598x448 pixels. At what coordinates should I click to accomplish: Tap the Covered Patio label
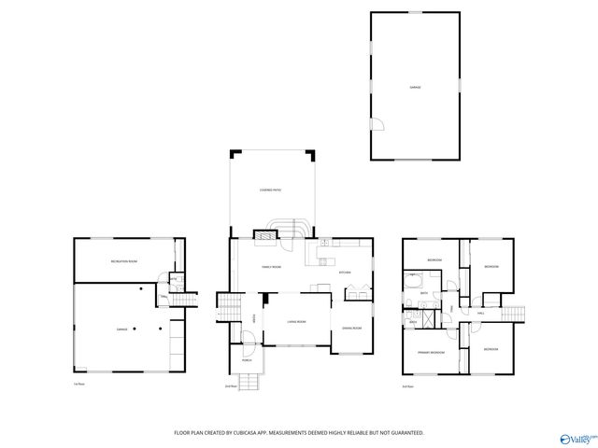[x=271, y=190]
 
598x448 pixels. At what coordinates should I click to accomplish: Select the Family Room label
[x=271, y=268]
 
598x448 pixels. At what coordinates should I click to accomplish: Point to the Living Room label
[x=296, y=321]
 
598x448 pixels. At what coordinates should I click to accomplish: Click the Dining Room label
[x=351, y=328]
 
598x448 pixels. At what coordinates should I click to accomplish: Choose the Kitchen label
[x=343, y=273]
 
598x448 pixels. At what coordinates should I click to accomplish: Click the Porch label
[x=247, y=357]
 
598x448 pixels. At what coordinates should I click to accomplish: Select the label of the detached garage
[x=415, y=87]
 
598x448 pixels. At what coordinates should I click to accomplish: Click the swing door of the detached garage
[x=377, y=125]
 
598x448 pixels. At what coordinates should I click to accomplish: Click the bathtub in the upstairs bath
[x=412, y=280]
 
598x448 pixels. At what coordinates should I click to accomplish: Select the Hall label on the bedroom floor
[x=481, y=314]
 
